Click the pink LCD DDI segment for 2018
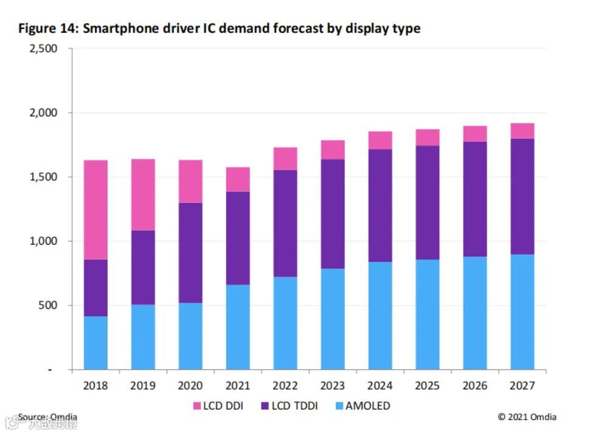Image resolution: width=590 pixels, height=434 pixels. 95,210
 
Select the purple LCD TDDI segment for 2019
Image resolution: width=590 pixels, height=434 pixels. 143,267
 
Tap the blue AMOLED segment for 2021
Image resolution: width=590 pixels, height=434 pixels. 238,327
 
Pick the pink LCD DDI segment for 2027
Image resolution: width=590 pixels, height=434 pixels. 522,131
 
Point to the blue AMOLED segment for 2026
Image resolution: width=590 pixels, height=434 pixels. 475,313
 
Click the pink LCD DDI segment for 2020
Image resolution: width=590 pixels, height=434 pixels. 190,181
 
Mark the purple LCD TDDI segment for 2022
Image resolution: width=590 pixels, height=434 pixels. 285,223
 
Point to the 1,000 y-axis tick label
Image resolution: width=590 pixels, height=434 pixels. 43,241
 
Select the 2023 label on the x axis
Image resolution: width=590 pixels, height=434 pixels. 333,386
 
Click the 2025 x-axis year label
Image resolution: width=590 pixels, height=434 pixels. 428,386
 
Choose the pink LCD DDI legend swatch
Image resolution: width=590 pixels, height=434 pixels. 197,406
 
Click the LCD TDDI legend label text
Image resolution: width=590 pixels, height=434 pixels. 294,406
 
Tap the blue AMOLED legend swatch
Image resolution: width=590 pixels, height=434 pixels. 338,406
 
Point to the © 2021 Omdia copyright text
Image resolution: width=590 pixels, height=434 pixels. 527,417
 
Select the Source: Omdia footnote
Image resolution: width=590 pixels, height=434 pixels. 48,417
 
